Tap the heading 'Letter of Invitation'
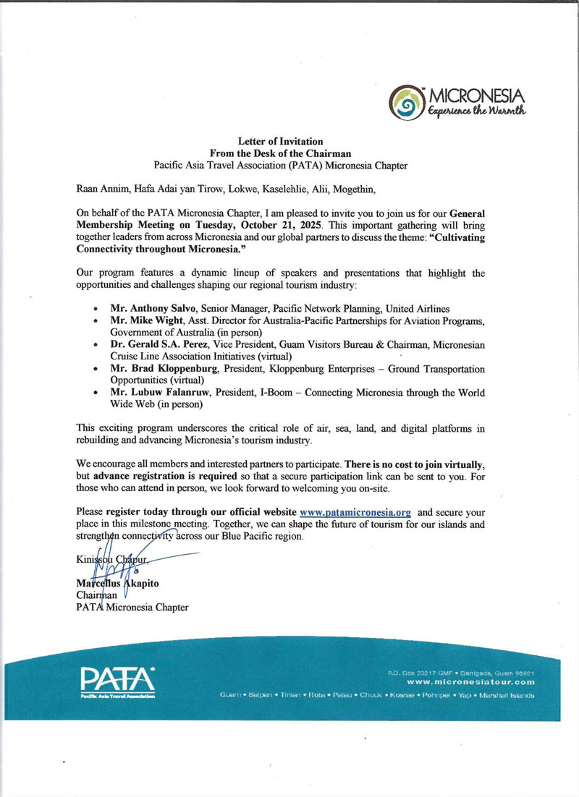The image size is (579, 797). [280, 141]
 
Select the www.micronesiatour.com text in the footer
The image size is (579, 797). [470, 682]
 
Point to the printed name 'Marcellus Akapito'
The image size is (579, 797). [119, 583]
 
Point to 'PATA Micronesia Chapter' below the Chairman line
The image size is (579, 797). [132, 608]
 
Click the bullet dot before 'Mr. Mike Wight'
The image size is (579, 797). [97, 321]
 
